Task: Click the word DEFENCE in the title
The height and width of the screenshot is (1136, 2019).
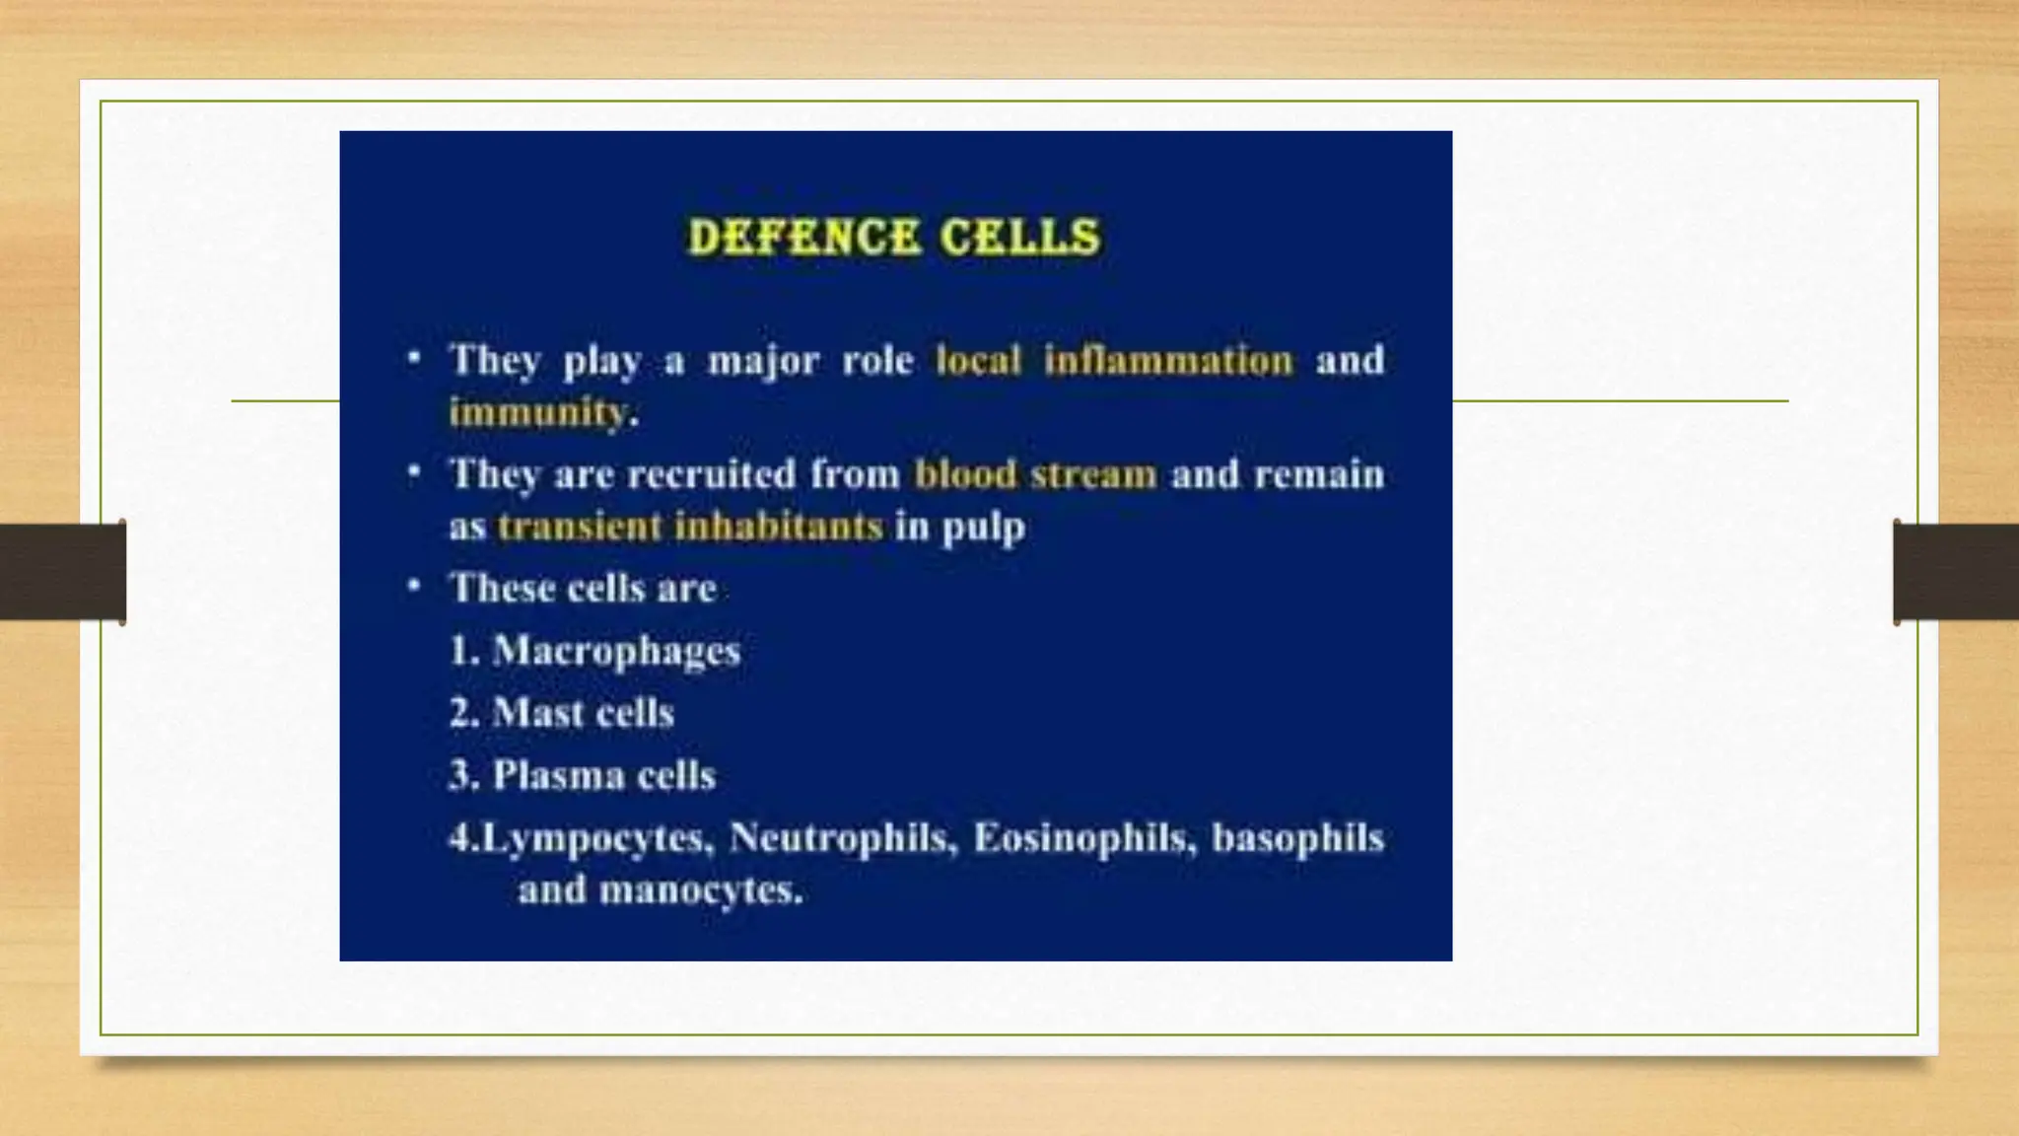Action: click(803, 238)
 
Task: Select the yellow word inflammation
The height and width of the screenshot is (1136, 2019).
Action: click(1168, 361)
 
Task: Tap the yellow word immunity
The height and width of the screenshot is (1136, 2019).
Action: click(537, 412)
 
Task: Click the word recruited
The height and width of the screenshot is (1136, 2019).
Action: click(711, 475)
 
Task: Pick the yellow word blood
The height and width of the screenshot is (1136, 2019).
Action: click(965, 475)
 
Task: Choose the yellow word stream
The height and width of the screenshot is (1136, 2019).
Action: click(1093, 475)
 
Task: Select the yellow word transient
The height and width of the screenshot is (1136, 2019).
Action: click(580, 527)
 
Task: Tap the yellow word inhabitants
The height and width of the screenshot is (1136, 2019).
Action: click(779, 527)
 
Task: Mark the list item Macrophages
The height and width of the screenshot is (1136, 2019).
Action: click(616, 651)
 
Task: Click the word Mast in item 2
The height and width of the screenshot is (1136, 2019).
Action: click(533, 713)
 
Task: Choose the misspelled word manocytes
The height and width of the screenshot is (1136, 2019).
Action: click(700, 890)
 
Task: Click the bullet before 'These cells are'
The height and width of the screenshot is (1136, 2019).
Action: click(415, 587)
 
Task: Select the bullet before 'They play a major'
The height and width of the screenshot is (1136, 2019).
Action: click(415, 358)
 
